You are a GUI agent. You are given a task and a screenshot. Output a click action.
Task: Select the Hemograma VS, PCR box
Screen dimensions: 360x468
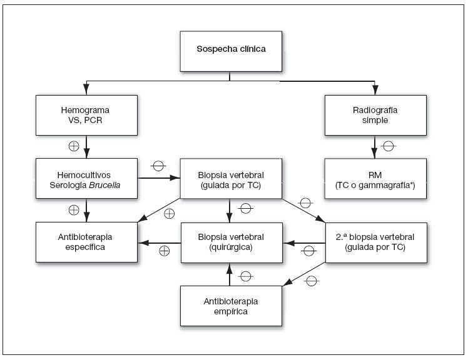coord(86,114)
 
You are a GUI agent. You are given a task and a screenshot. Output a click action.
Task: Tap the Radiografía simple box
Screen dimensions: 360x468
coord(375,114)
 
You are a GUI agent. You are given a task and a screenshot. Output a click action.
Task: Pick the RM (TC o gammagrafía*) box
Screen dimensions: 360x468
coord(375,178)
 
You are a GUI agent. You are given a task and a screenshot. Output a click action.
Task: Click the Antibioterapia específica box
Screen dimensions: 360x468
coord(86,242)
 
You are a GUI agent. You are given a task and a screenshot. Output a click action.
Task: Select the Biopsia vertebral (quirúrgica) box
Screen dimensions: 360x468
coord(230,242)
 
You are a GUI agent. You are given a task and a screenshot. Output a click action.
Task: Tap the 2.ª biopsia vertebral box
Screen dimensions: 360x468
coord(375,242)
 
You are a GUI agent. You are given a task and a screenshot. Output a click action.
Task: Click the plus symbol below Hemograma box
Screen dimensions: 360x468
coord(73,147)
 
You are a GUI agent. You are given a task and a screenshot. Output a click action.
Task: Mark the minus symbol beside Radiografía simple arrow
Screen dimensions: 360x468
coord(388,147)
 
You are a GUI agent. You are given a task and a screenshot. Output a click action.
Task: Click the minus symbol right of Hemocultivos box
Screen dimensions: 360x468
coord(158,167)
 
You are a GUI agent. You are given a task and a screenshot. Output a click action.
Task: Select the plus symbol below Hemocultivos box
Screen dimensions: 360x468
coord(73,210)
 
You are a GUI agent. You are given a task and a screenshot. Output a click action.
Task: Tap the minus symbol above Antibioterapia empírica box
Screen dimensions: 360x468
coord(245,276)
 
